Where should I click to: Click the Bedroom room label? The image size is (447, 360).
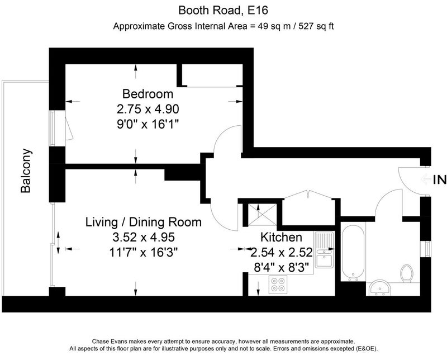[148, 94]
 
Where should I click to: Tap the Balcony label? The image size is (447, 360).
[26, 170]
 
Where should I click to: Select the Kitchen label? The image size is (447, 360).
[281, 238]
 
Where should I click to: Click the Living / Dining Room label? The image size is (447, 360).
[144, 222]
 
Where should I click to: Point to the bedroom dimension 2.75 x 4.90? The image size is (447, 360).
[148, 109]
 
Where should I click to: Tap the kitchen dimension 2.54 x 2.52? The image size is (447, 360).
[282, 252]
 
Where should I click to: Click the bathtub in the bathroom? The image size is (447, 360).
[353, 252]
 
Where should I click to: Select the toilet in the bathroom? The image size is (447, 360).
[406, 273]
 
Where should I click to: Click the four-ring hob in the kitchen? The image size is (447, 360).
[278, 285]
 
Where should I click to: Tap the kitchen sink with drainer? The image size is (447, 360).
[324, 250]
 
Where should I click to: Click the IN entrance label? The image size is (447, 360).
[440, 179]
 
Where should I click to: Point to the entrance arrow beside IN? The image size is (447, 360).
[426, 179]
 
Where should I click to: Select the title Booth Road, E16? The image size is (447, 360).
[223, 11]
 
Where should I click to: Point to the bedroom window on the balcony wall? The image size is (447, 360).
[52, 128]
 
